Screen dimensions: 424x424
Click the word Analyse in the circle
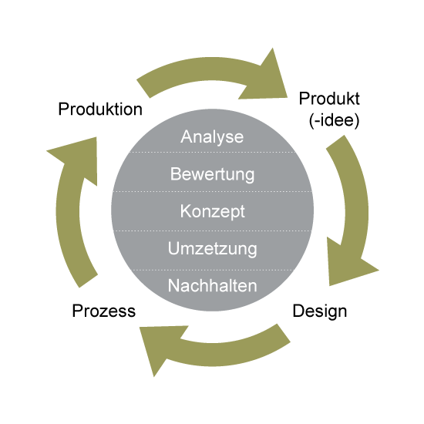click(212, 137)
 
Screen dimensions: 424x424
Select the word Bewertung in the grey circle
click(212, 174)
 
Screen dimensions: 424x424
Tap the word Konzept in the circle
click(213, 211)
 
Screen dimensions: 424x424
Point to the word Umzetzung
click(212, 249)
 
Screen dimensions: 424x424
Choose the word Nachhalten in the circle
click(212, 285)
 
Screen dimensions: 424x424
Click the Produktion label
click(100, 109)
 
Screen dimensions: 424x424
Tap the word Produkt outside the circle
click(329, 98)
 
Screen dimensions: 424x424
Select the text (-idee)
click(335, 120)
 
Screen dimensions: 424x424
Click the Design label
click(320, 311)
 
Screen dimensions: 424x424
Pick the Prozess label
click(104, 311)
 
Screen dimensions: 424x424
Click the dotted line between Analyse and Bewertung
click(213, 152)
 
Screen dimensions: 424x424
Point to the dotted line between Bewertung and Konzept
click(213, 191)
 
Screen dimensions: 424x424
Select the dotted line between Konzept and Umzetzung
click(213, 231)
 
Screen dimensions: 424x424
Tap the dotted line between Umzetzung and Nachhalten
click(213, 270)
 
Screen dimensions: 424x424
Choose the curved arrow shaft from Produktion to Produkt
click(197, 69)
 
